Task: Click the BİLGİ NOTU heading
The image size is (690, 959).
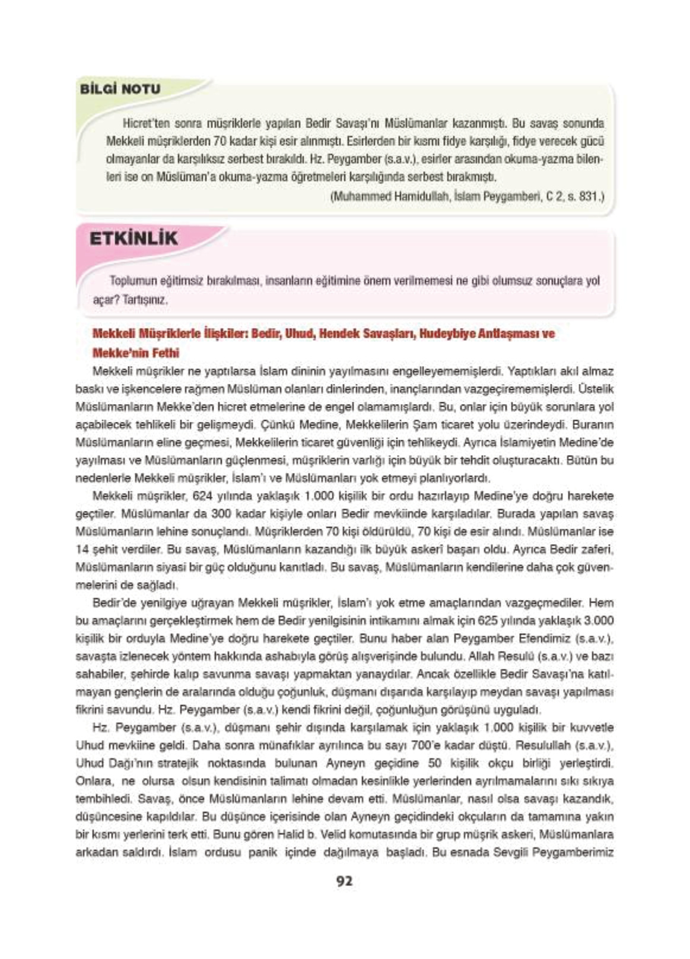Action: click(x=120, y=89)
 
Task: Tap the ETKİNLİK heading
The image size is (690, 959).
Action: click(x=133, y=239)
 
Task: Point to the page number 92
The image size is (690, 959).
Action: click(x=344, y=881)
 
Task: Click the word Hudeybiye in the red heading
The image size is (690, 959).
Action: click(x=447, y=334)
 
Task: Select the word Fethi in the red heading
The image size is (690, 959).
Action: click(x=166, y=353)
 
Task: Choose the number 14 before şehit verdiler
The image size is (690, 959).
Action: click(x=82, y=550)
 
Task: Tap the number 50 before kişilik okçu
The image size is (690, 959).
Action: click(x=435, y=763)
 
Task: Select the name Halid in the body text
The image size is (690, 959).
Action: click(x=287, y=834)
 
